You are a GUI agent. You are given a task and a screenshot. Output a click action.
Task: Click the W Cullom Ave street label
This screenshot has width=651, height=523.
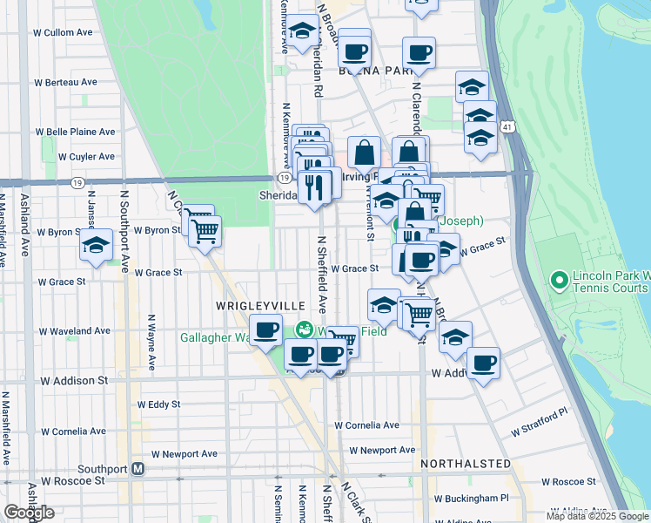point(63,32)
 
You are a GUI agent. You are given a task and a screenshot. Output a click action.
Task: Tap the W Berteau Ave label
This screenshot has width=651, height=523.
point(65,82)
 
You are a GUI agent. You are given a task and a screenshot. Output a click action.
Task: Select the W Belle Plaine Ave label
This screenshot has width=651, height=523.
point(75,132)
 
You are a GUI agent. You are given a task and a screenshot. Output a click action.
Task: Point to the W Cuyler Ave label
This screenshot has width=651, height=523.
point(86,157)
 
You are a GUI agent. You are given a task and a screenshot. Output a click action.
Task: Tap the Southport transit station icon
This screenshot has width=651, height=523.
point(138,468)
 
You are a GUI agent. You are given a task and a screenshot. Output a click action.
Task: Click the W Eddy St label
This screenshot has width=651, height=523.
point(159,404)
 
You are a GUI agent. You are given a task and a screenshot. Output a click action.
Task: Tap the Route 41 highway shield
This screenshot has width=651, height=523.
point(507,129)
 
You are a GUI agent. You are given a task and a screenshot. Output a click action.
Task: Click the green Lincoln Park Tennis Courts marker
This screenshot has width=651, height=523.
point(560,281)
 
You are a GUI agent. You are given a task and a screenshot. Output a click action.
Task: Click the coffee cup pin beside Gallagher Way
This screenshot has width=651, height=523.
point(265,329)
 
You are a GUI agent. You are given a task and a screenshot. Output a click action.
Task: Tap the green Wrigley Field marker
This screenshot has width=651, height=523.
point(304,329)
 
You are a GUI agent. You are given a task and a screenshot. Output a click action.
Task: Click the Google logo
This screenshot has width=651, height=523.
point(29,513)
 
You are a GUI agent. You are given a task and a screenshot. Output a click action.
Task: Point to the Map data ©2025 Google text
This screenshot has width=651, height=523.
point(597,516)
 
